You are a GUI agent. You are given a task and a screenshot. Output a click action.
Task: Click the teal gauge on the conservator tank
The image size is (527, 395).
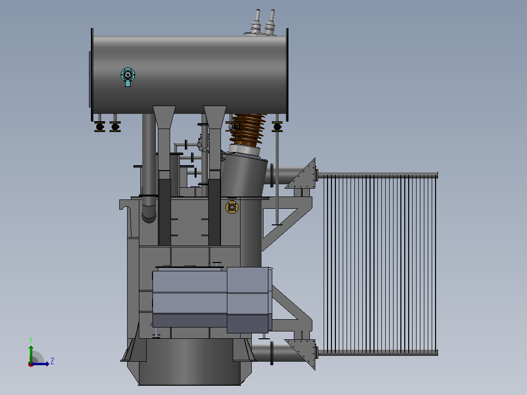(x=128, y=76)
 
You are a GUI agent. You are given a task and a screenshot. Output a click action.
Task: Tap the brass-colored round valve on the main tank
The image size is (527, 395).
(x=232, y=207)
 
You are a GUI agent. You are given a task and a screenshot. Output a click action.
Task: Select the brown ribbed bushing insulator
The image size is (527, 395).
(x=248, y=130)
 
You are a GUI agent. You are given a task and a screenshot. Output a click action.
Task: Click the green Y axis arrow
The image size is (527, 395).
(x=31, y=353)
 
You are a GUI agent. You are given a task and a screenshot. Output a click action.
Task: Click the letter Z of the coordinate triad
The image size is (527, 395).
(x=52, y=361)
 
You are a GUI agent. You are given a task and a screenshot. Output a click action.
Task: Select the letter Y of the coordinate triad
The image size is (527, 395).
(x=31, y=340)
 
